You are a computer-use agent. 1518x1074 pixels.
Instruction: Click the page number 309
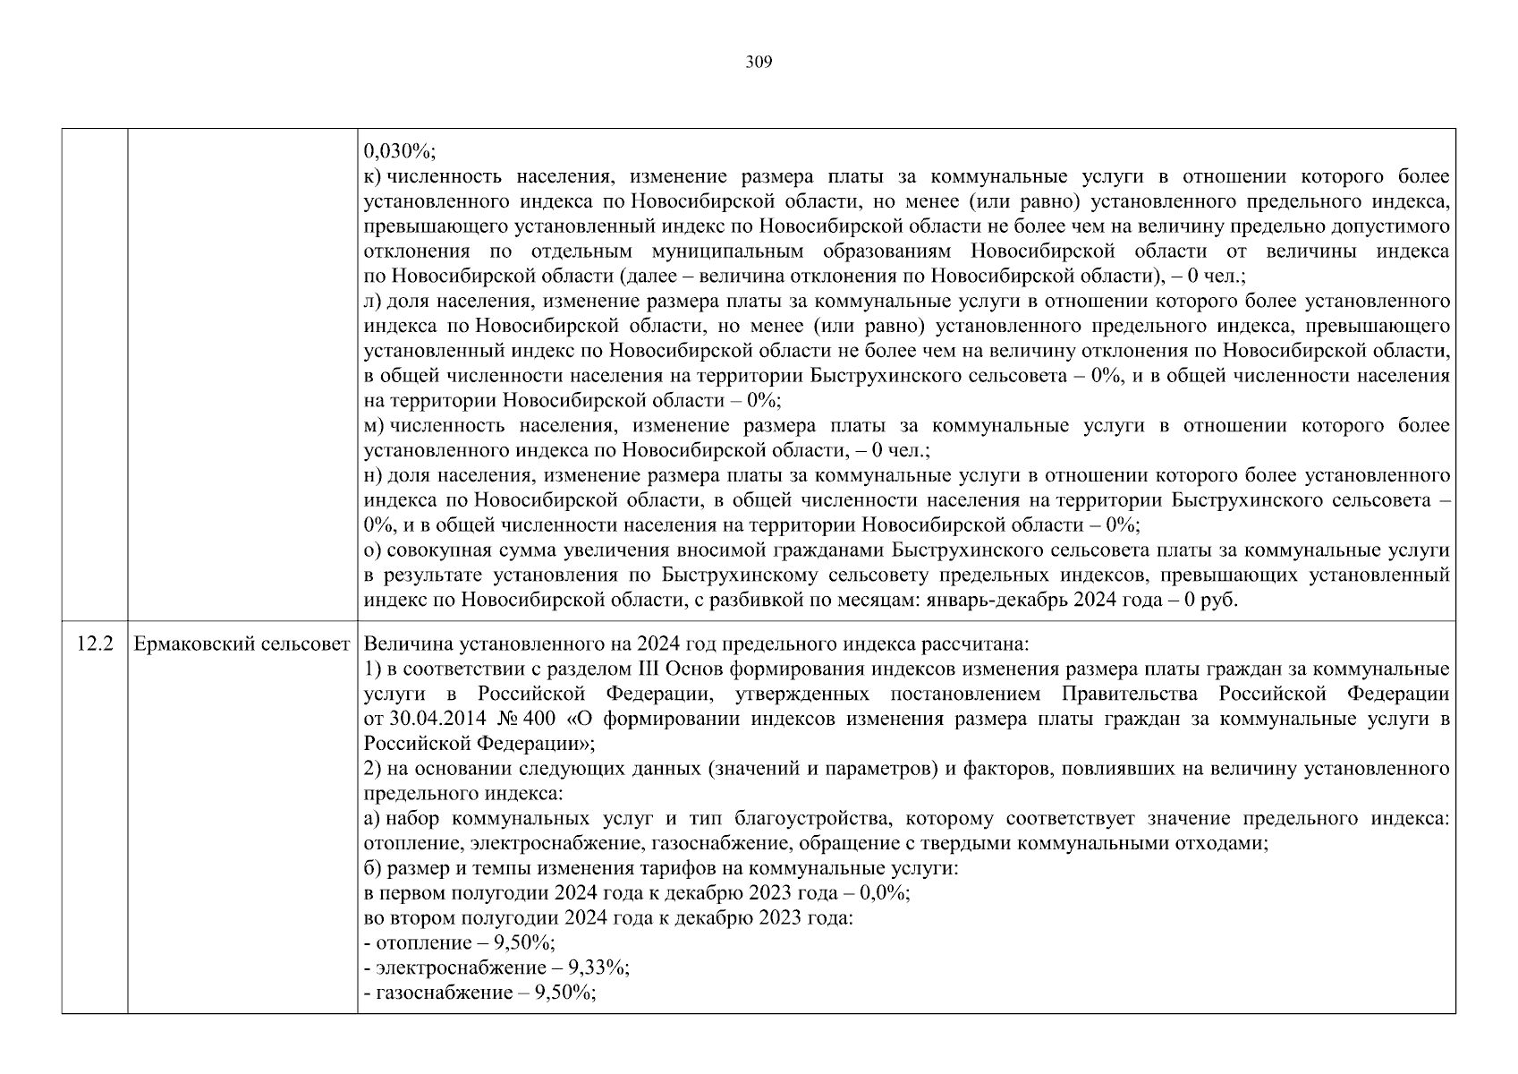pyautogui.click(x=759, y=63)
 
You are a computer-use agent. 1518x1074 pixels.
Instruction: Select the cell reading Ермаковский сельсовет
pyautogui.click(x=242, y=644)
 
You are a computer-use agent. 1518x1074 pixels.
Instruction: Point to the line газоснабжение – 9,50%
pyautogui.click(x=479, y=993)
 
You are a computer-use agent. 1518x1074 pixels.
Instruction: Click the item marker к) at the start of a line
pyautogui.click(x=373, y=176)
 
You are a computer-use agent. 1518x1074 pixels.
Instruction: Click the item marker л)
pyautogui.click(x=373, y=302)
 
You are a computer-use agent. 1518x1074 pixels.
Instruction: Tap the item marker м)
pyautogui.click(x=374, y=426)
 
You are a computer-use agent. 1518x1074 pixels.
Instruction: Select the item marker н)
pyautogui.click(x=373, y=475)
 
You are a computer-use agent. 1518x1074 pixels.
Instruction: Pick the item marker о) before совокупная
pyautogui.click(x=373, y=550)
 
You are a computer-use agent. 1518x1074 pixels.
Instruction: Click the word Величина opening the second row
pyautogui.click(x=400, y=644)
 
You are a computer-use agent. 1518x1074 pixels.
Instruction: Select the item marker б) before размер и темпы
pyautogui.click(x=373, y=868)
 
